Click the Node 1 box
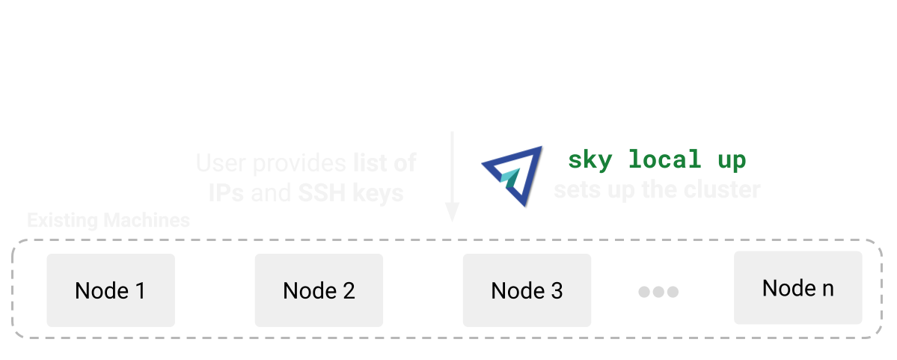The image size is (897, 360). pos(111,290)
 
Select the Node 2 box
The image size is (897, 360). pos(319,290)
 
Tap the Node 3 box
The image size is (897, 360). pos(527,290)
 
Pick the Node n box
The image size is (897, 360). pos(797,287)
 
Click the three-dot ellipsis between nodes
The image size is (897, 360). pos(658,292)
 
